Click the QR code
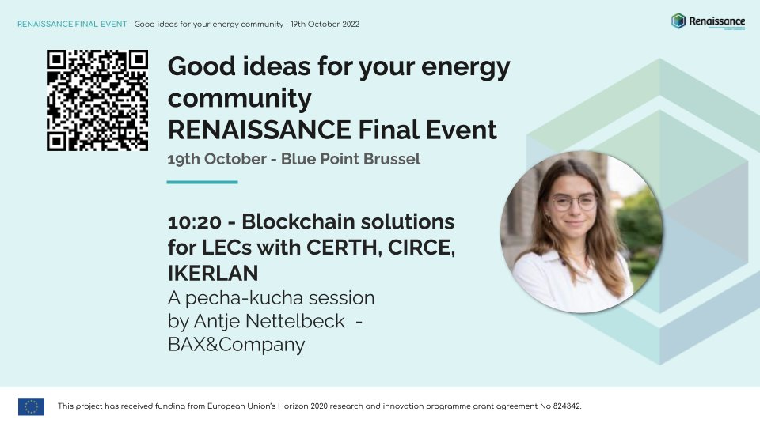pos(97,100)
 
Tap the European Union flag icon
pos(31,406)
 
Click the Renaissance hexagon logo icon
pos(678,21)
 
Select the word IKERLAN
pos(214,274)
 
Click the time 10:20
pos(192,221)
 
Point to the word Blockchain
pos(294,221)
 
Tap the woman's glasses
pos(573,202)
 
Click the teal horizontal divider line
pos(202,182)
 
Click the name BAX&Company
pos(236,345)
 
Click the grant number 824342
pos(564,406)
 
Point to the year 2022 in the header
pos(349,24)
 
